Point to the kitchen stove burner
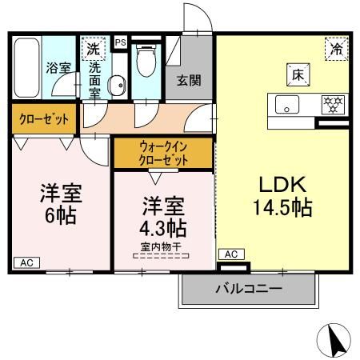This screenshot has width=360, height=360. pyautogui.click(x=329, y=104)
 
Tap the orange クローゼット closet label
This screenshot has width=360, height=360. pyautogui.click(x=45, y=120)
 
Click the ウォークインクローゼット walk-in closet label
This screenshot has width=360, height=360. pyautogui.click(x=164, y=153)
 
